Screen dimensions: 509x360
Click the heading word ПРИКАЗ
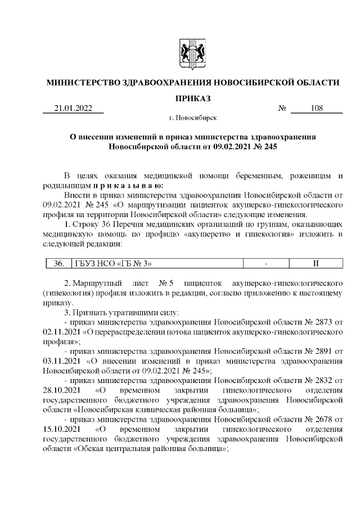[192, 98]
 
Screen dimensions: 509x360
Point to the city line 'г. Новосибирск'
[192, 119]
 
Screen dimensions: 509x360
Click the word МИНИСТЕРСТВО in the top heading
[83, 83]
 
